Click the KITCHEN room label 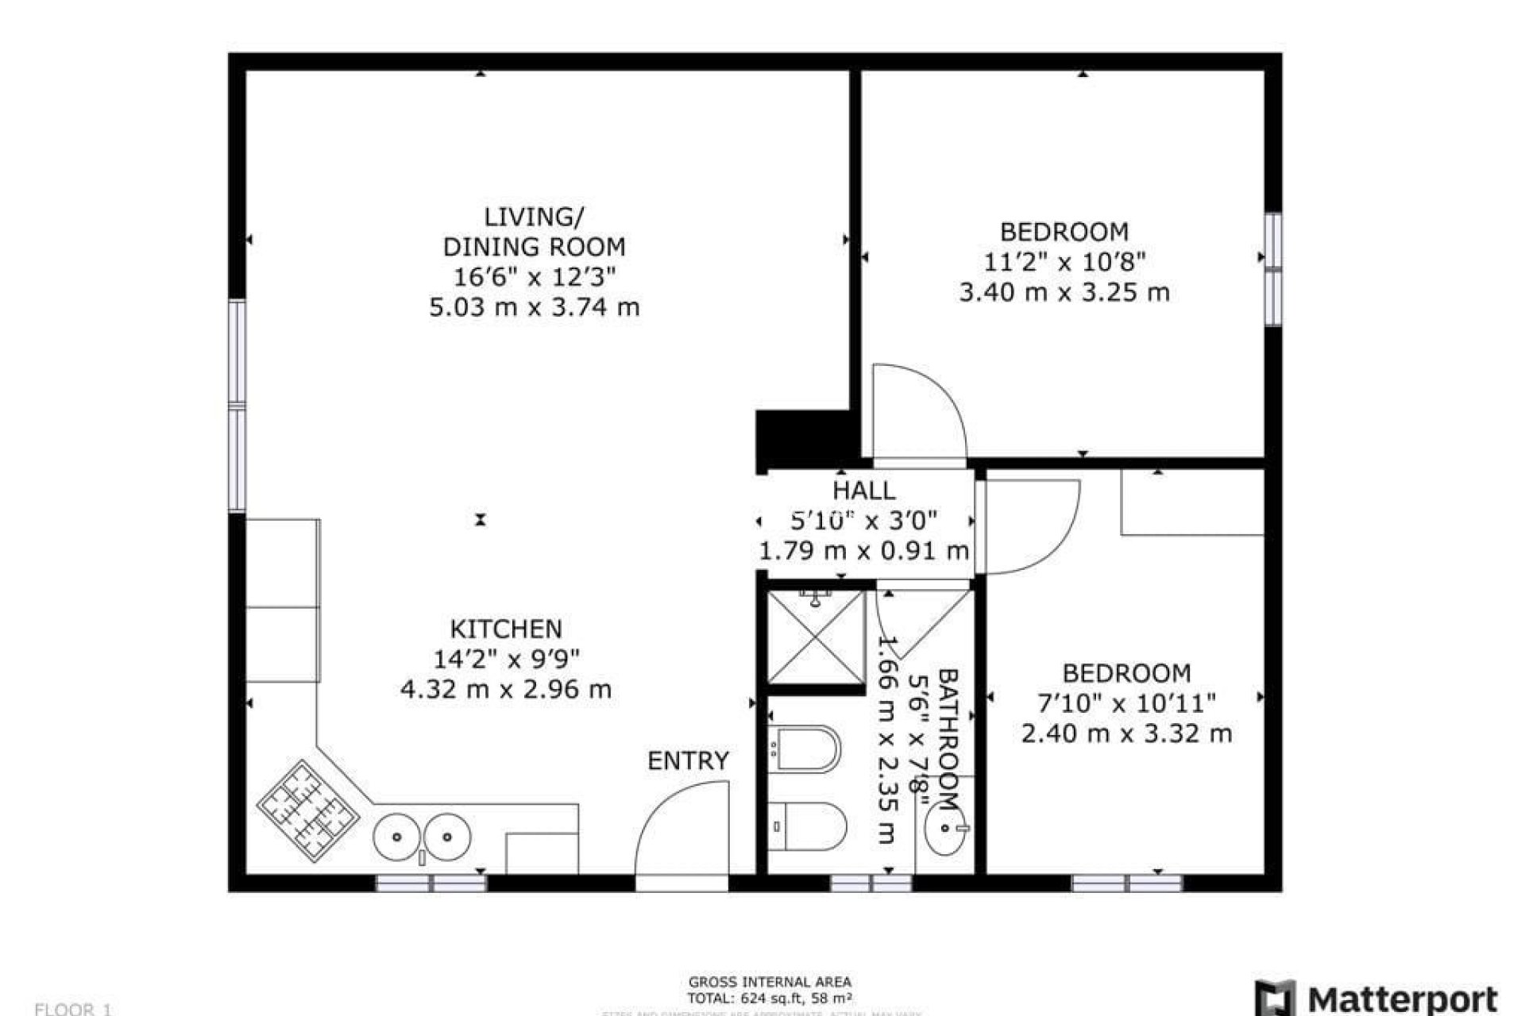(506, 629)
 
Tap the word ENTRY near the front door (688, 760)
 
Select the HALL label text (864, 490)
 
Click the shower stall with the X (816, 637)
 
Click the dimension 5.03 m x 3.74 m (534, 307)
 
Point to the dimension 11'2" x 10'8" (1064, 261)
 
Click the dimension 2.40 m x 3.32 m (1126, 733)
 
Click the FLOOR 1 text (73, 1009)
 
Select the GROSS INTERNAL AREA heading (770, 982)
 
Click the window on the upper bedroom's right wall (1273, 269)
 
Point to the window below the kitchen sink (430, 883)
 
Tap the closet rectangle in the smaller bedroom (1191, 502)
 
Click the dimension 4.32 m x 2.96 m (506, 689)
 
